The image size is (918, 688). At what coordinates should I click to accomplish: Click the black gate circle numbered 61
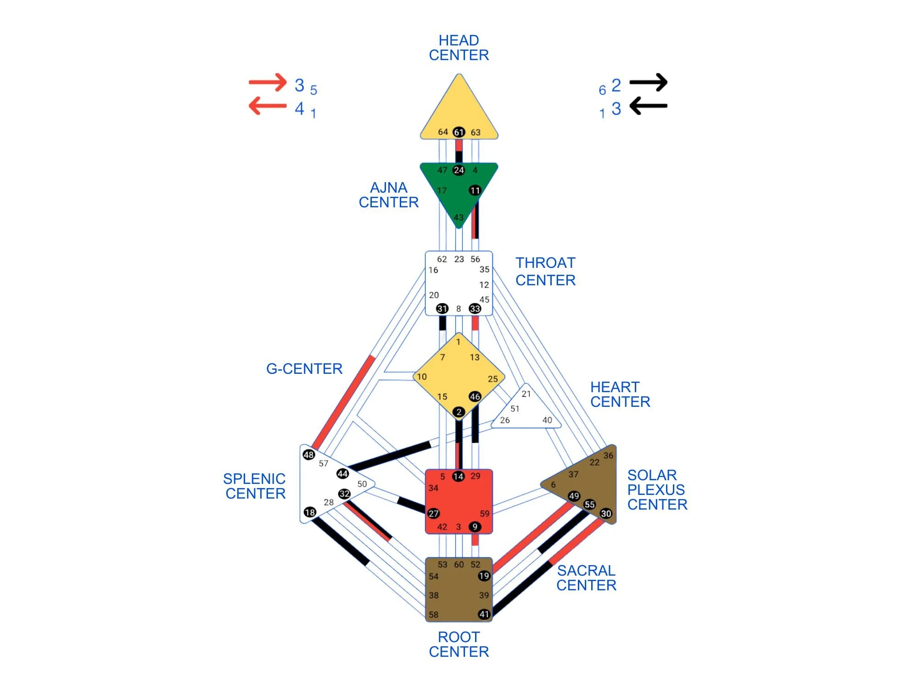coord(459,132)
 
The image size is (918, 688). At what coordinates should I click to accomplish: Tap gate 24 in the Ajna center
coord(459,170)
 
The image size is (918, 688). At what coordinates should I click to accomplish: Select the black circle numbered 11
coord(475,190)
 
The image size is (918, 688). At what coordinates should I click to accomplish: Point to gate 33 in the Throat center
coord(475,309)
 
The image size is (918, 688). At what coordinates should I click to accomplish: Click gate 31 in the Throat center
coord(442,309)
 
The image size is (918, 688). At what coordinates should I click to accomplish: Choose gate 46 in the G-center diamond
coord(475,396)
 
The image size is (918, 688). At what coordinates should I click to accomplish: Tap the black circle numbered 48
coord(308,455)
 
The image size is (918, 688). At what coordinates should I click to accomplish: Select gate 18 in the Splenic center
coord(310,512)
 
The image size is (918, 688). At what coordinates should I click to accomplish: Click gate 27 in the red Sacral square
coord(433,514)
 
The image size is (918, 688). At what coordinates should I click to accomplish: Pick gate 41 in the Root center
coord(484,614)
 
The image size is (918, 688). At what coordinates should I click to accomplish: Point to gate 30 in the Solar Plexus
coord(606,514)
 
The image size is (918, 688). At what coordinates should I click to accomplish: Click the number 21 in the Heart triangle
coord(526,394)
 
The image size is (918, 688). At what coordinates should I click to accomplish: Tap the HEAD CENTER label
coord(459,48)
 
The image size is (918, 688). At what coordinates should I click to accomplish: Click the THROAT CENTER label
coord(545,272)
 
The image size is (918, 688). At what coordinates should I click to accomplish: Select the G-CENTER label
coord(304,369)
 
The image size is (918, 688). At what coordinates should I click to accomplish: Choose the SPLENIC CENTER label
coord(255,486)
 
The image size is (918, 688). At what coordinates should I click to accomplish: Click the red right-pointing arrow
coord(267,83)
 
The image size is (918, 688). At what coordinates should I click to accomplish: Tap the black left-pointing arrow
coord(648,106)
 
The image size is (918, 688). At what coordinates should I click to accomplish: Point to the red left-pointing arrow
coord(267,106)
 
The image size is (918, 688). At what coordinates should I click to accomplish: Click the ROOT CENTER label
coord(459,644)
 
